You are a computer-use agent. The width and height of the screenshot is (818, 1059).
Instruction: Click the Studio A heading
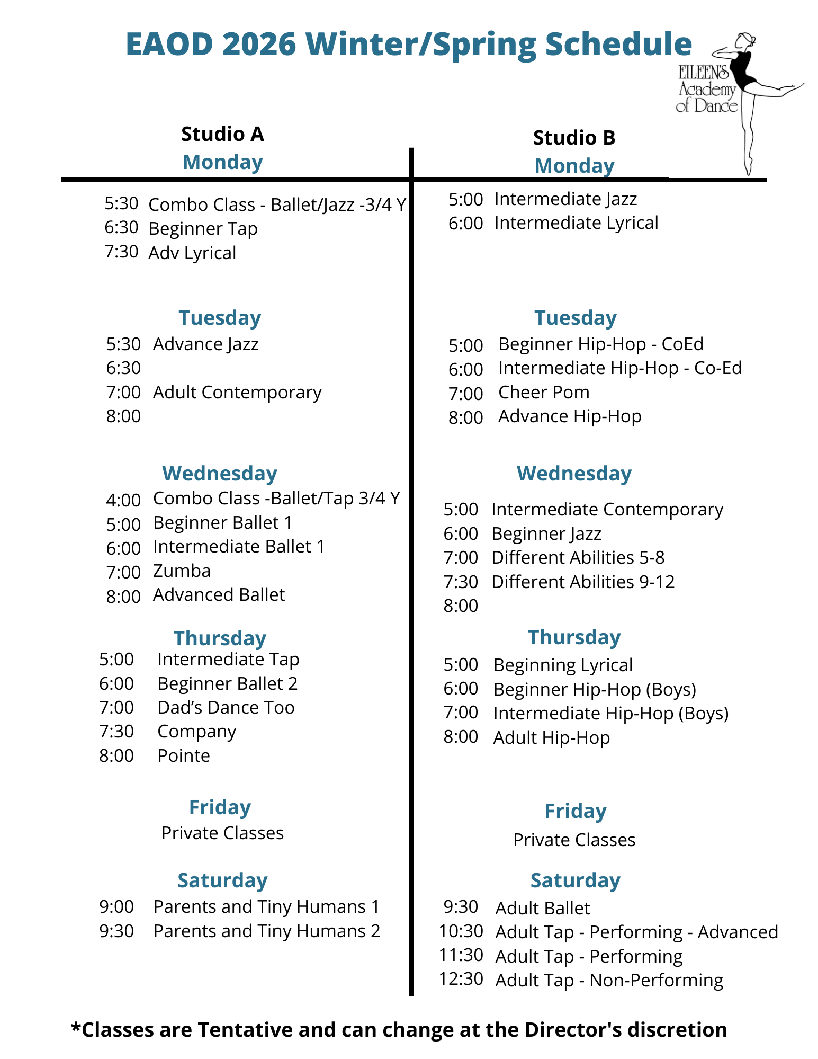[x=222, y=134]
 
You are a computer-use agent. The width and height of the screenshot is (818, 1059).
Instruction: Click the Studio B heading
[x=574, y=138]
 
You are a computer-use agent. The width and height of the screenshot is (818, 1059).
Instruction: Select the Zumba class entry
[x=182, y=571]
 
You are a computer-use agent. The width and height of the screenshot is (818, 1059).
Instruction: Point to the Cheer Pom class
[x=543, y=392]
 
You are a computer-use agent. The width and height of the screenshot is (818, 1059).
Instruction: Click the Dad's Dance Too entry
[x=226, y=707]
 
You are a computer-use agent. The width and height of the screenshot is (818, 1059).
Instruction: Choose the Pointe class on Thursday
[x=183, y=755]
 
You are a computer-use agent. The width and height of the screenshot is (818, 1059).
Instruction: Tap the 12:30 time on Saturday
[x=461, y=978]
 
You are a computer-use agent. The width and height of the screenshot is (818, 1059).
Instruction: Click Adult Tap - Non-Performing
[x=609, y=980]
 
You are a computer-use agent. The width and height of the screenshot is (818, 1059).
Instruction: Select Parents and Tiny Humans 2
[x=266, y=931]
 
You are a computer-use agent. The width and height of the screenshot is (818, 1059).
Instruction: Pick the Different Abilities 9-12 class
[x=582, y=582]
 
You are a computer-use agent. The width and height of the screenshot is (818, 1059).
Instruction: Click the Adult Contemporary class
[x=237, y=392]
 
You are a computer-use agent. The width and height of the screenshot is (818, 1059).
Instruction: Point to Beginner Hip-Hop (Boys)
[x=594, y=689]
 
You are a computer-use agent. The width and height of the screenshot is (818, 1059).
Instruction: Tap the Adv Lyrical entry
[x=192, y=253]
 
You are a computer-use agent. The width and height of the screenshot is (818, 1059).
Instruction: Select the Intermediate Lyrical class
[x=576, y=223]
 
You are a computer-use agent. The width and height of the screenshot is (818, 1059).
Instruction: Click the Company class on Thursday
[x=196, y=731]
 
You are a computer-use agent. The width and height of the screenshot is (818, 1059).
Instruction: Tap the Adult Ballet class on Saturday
[x=542, y=908]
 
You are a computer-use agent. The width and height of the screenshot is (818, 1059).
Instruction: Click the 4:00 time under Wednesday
[x=123, y=500]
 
